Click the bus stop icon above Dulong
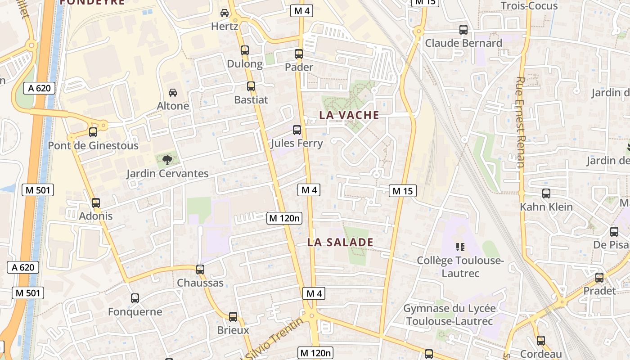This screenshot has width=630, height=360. tap(245, 50)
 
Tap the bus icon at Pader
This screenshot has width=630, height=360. tap(299, 54)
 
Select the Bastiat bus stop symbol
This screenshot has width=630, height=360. tap(251, 86)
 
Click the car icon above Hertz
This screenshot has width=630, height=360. tap(225, 13)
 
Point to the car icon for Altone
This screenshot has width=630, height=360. tap(173, 93)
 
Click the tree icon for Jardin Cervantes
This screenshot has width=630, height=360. tap(167, 160)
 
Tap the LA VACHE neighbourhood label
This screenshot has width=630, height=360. tap(349, 115)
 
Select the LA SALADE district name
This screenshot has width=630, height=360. tap(340, 243)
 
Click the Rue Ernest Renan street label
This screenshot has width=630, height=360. tap(520, 122)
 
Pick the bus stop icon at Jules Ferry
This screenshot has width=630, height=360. tap(297, 130)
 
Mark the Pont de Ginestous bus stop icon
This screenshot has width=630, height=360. tap(93, 132)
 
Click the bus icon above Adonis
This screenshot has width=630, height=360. tap(96, 203)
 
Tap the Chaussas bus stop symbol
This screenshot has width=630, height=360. tap(200, 270)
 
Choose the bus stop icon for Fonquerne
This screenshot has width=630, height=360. tap(135, 298)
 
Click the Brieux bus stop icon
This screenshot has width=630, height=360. tap(233, 317)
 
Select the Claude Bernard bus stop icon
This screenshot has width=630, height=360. tap(463, 30)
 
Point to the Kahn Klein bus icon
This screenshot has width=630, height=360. tap(546, 193)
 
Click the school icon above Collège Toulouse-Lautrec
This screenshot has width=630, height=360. tap(460, 247)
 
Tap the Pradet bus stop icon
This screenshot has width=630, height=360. tap(599, 277)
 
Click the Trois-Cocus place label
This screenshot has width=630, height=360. tap(529, 6)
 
